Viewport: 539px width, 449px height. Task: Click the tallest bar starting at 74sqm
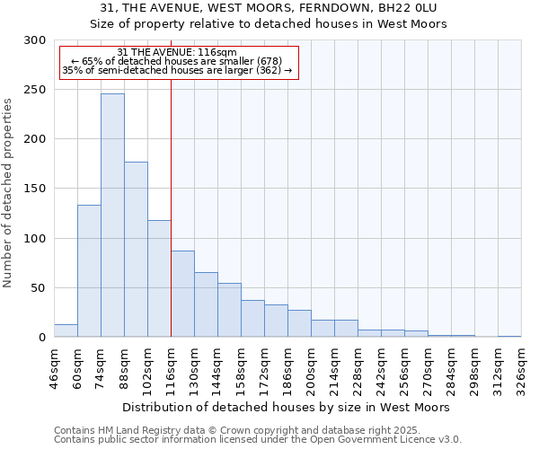(112, 216)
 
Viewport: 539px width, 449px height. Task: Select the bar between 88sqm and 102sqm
(136, 250)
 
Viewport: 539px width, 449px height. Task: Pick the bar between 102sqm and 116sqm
(159, 278)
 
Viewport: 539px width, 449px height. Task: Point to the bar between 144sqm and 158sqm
(229, 310)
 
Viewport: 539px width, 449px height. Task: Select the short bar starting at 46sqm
(66, 330)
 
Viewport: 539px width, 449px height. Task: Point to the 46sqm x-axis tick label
(55, 368)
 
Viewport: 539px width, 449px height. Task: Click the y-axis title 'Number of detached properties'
(9, 192)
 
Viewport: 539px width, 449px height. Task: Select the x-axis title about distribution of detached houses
(286, 407)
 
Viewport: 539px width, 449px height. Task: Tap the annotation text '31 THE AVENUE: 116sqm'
(177, 52)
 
